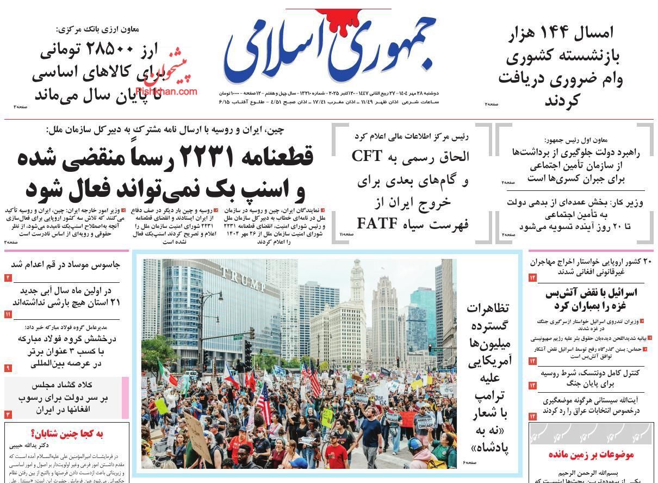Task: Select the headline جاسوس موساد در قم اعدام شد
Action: point(66,265)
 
